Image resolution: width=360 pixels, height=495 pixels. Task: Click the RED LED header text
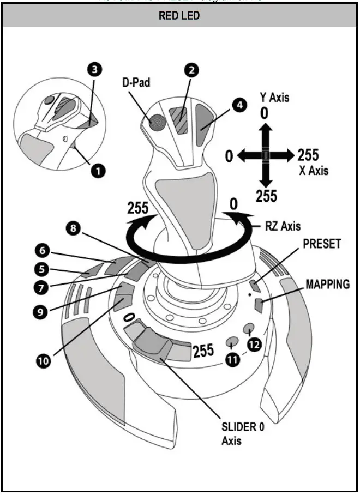[x=179, y=16]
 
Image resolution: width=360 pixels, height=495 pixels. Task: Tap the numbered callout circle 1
[x=98, y=171]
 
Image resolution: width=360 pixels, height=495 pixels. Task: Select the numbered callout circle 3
[x=95, y=70]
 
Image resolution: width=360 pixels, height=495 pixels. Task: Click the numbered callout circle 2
[x=191, y=70]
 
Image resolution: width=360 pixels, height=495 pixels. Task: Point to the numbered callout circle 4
[x=238, y=106]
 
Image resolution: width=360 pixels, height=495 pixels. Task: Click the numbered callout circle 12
[x=255, y=345]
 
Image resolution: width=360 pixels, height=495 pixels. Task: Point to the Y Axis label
[x=274, y=98]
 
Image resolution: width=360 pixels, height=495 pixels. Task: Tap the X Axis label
[x=314, y=170]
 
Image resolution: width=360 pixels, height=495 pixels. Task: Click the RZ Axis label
[x=283, y=225]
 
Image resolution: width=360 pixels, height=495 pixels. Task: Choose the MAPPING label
[x=327, y=285]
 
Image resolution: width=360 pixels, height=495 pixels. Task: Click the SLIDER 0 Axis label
[x=242, y=433]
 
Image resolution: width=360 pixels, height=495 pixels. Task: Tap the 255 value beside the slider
[x=203, y=351]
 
